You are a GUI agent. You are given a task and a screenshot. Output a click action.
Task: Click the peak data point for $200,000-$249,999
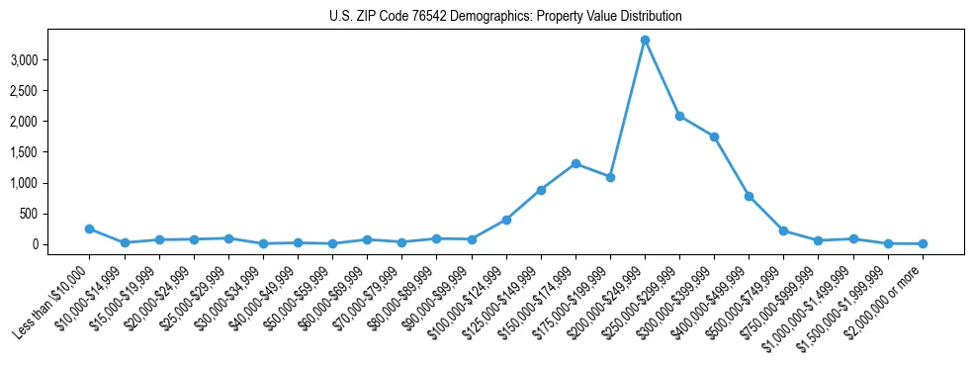pos(645,40)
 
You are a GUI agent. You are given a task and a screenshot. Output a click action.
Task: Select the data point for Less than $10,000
pos(90,229)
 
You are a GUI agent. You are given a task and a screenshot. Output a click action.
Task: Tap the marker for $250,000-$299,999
pos(679,116)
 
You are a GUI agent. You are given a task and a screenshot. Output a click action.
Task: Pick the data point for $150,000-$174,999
pos(575,163)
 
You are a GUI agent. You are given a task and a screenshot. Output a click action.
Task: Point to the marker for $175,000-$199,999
pos(610,177)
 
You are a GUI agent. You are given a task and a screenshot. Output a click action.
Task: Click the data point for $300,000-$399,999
pos(714,137)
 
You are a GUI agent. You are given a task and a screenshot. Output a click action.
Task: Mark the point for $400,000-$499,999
pos(749,196)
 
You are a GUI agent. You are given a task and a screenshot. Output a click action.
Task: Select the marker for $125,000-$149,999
pos(541,190)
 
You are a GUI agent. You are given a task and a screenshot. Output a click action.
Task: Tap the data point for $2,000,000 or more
pos(922,243)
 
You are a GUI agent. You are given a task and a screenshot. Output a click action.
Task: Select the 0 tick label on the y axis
pos(34,244)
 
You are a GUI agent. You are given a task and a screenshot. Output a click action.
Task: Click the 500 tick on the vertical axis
pos(28,214)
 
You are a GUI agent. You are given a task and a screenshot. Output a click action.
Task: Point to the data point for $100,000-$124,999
pos(506,220)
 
